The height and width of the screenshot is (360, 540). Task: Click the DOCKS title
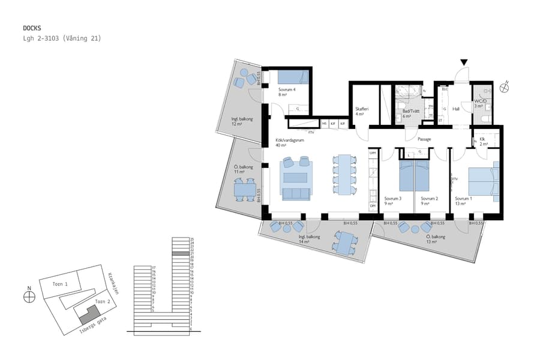pos(31,28)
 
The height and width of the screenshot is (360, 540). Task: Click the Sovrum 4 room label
pos(287,89)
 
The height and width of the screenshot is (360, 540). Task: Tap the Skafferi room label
pos(361,109)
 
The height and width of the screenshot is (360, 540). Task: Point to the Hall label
pos(456,109)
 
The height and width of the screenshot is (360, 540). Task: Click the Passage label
pos(424,139)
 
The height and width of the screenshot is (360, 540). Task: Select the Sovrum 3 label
pos(393,199)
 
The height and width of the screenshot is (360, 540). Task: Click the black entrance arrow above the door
pos(463,62)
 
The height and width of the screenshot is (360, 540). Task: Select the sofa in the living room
pos(295,193)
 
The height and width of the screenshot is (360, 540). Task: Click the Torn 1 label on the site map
pos(60,284)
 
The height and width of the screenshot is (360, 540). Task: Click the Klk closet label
pos(482,140)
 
